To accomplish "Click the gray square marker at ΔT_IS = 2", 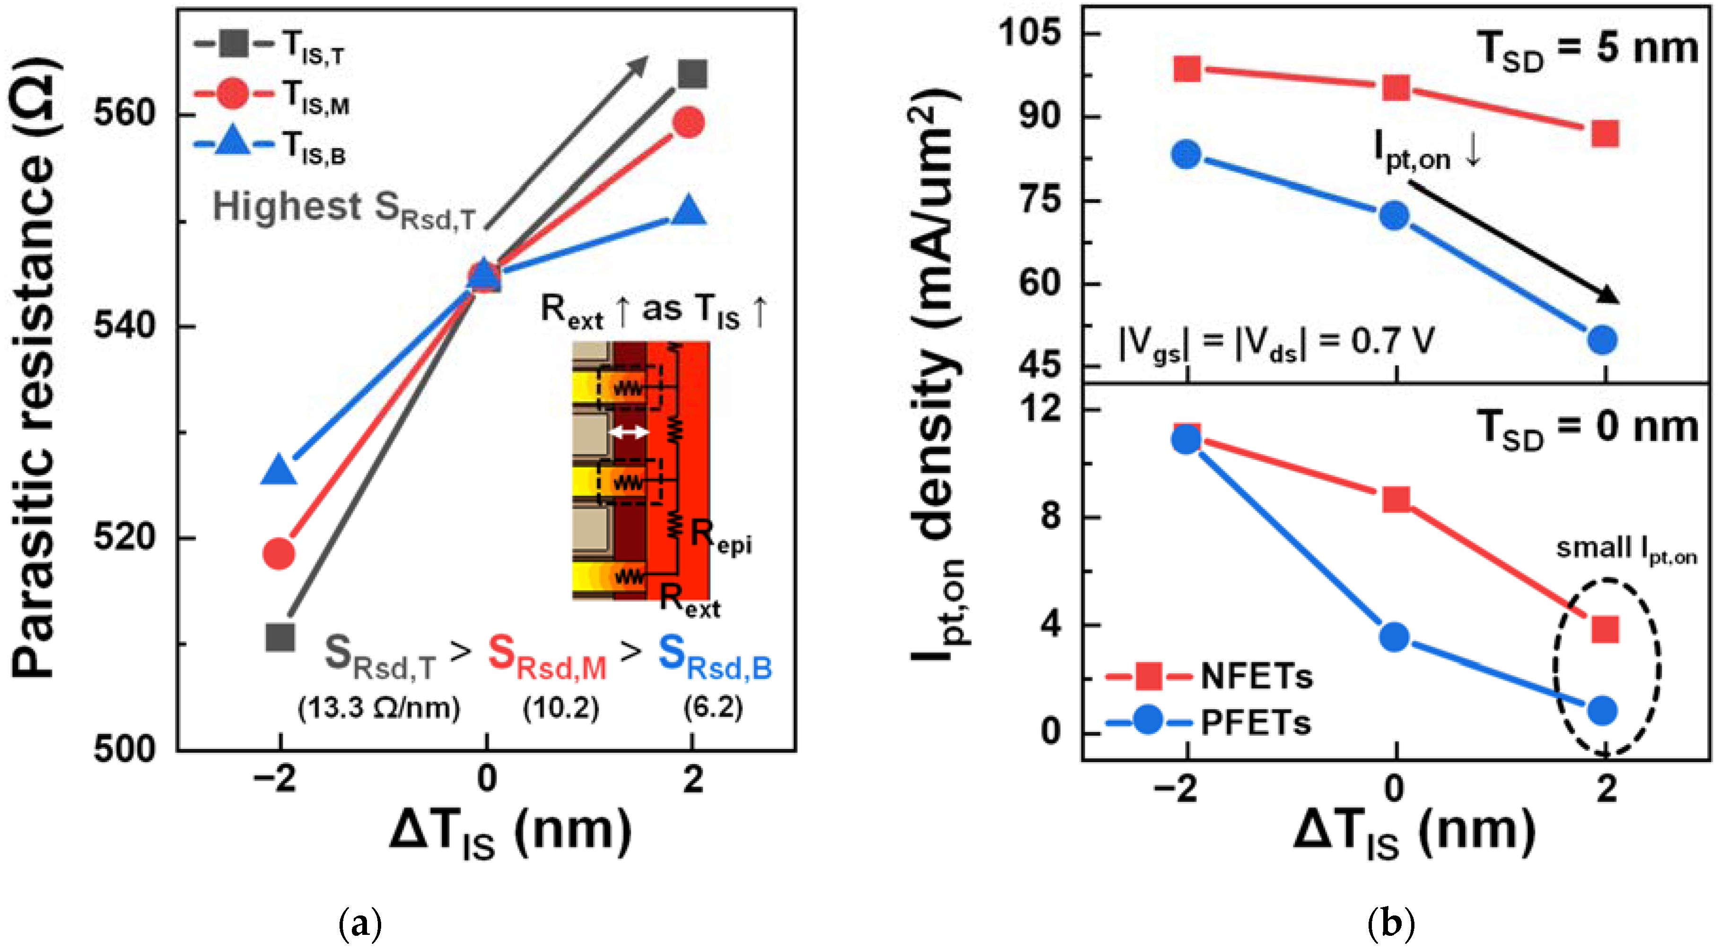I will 692,74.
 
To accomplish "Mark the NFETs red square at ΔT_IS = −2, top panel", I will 1187,69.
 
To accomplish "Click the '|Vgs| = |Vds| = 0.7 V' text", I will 1276,343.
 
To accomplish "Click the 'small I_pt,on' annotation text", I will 1625,549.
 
